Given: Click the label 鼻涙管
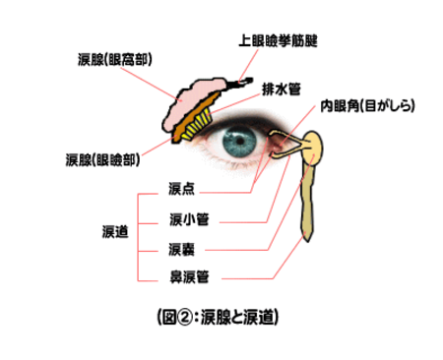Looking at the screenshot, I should click(x=187, y=275).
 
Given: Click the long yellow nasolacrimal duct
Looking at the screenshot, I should click(x=308, y=202).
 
